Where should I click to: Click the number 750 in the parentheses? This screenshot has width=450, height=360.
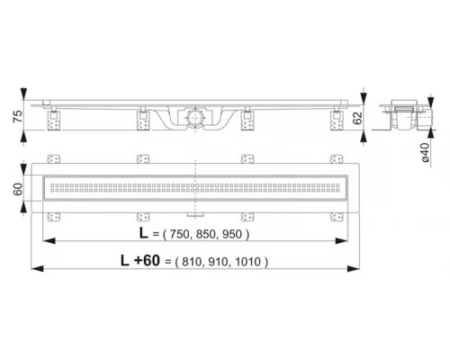click(179, 235)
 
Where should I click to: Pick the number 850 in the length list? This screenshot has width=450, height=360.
click(206, 235)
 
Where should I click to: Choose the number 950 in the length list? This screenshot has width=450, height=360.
click(233, 235)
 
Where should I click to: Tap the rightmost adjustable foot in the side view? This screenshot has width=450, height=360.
click(338, 116)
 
